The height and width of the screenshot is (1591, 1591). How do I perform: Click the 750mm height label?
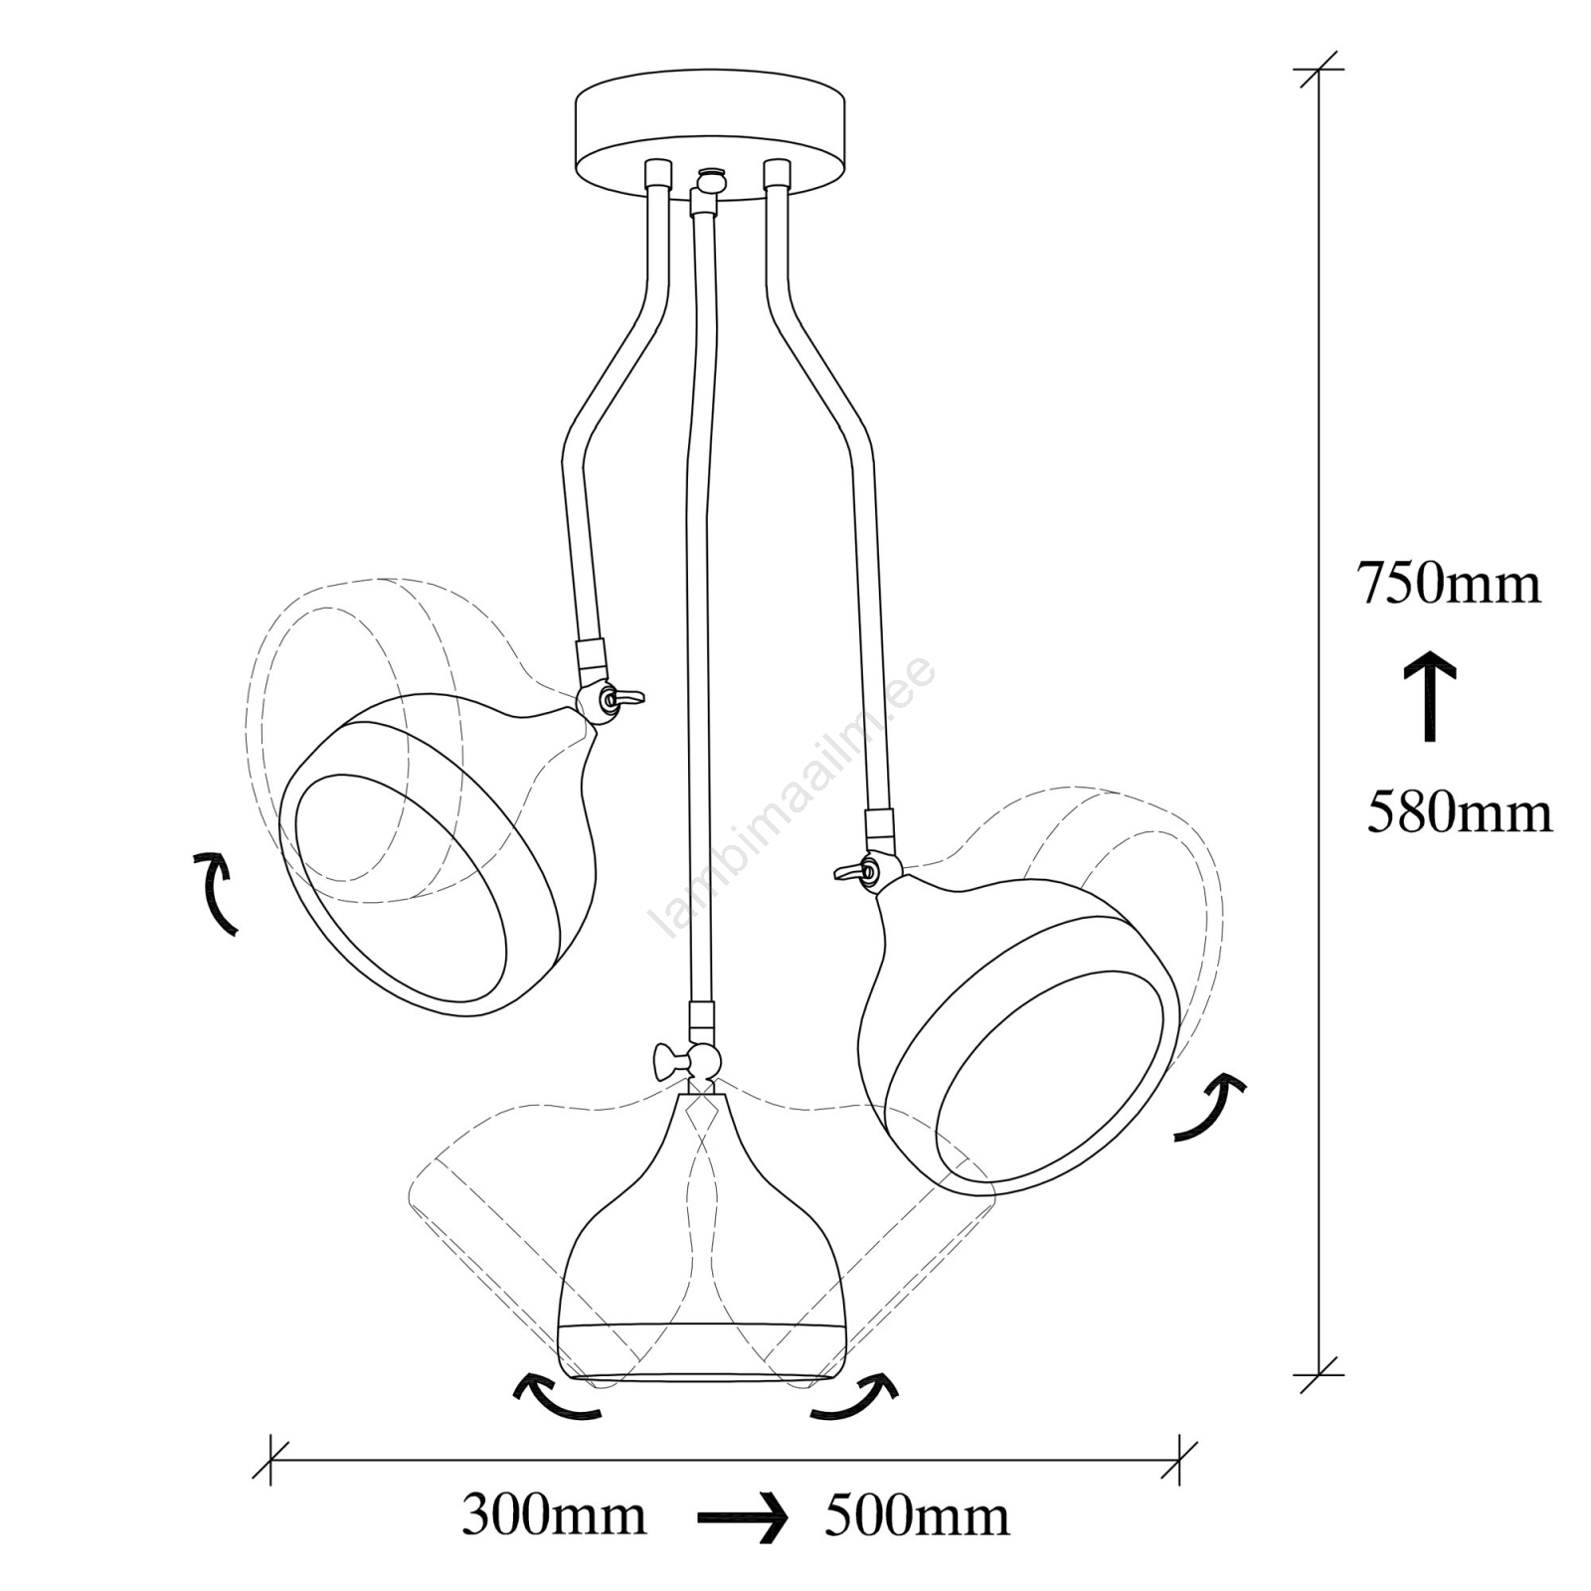[x=1449, y=584]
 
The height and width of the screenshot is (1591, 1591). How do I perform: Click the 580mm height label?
[x=1459, y=812]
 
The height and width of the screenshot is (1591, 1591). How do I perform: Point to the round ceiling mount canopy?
[x=712, y=134]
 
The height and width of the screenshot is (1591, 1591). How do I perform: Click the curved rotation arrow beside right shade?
[x=1213, y=1106]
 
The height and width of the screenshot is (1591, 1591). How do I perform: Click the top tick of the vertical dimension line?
[x=1319, y=70]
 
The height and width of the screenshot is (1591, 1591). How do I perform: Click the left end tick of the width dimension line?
[x=270, y=1461]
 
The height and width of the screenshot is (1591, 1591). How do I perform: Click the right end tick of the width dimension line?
[x=1179, y=1461]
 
